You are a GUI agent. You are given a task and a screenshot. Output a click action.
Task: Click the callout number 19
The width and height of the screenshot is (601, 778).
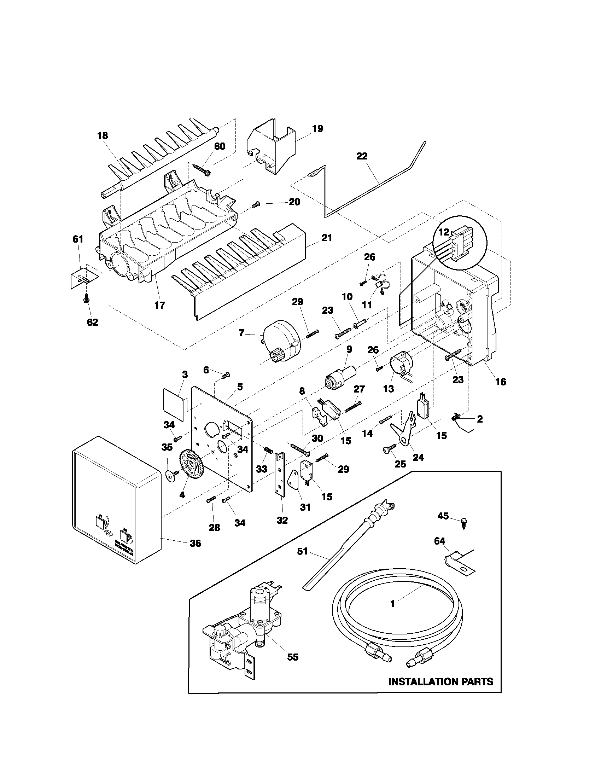pyautogui.click(x=317, y=129)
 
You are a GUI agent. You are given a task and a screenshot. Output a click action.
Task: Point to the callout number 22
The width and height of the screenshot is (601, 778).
pyautogui.click(x=362, y=156)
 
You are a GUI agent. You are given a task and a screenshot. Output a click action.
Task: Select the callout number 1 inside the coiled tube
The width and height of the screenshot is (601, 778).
pyautogui.click(x=393, y=604)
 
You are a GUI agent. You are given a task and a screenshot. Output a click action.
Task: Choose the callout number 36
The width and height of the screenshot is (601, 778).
pyautogui.click(x=195, y=543)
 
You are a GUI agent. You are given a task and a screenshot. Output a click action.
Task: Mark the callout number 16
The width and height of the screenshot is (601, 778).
pyautogui.click(x=501, y=382)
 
